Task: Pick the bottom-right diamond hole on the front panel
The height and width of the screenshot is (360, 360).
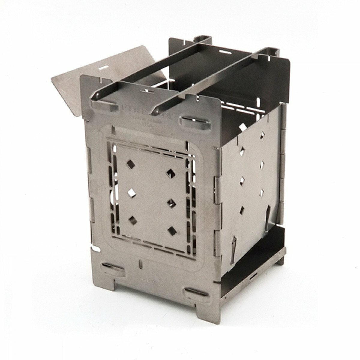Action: (172, 230)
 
